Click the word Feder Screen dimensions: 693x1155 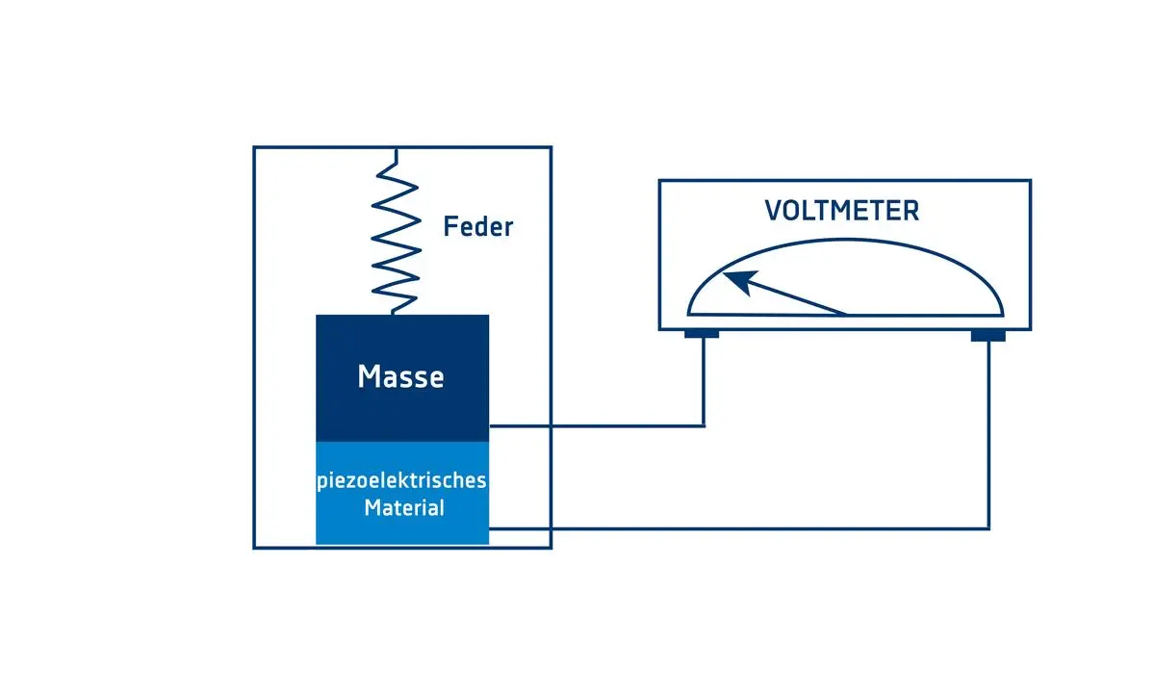point(478,227)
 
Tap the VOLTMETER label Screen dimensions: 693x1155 point(842,211)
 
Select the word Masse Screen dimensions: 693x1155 point(401,376)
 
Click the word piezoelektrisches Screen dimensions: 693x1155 point(402,481)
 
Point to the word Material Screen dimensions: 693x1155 point(404,507)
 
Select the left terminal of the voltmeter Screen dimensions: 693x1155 point(702,335)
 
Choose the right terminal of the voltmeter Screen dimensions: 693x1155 point(988,335)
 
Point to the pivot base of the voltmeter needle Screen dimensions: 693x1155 point(845,314)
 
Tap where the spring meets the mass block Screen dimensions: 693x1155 point(394,314)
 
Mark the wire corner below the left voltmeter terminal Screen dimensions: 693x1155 point(704,424)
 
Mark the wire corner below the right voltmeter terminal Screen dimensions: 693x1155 point(988,527)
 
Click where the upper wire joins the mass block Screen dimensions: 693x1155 point(490,424)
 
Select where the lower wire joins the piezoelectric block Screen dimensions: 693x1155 point(490,527)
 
